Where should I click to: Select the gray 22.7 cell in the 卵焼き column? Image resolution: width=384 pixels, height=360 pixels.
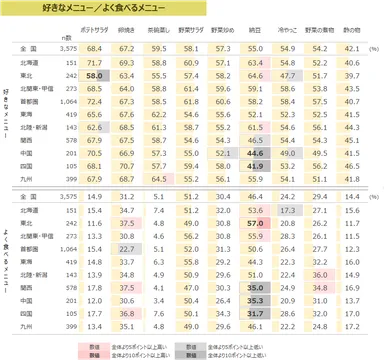[x=128, y=248]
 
